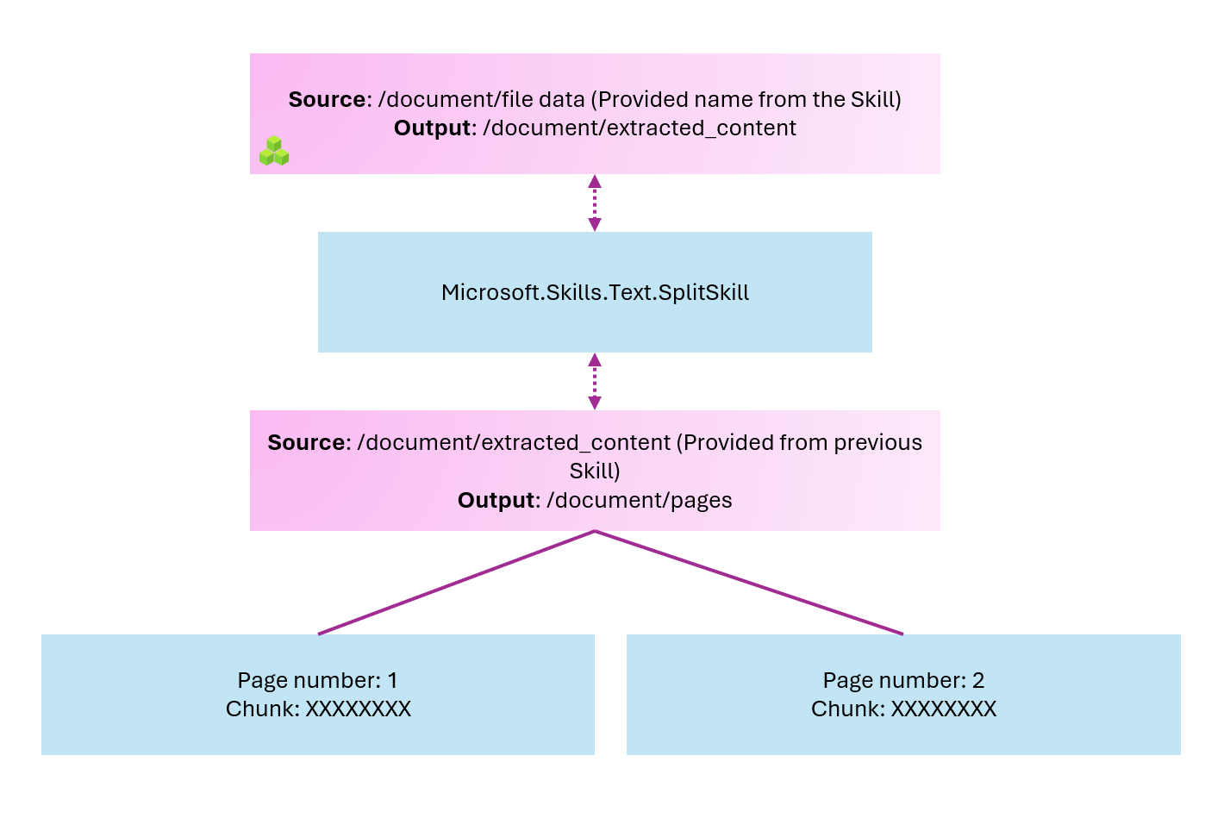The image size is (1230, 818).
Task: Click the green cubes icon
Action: point(274,152)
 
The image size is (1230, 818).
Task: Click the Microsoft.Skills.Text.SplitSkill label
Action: point(595,293)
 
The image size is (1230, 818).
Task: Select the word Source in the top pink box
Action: point(327,100)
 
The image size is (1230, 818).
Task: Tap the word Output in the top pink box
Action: point(433,128)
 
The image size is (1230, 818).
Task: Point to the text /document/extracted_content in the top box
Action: point(639,128)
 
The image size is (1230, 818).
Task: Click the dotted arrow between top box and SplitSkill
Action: point(594,203)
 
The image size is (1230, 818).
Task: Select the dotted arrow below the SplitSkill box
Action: point(594,381)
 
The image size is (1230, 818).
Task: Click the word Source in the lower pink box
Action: point(306,443)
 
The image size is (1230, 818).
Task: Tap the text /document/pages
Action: point(639,501)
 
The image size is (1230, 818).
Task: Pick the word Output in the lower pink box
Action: point(496,501)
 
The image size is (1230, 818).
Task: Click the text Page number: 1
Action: point(318,681)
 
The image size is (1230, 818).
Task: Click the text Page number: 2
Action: point(903,681)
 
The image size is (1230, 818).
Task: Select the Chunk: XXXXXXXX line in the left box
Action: point(318,709)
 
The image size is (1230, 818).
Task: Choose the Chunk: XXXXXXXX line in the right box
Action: point(903,709)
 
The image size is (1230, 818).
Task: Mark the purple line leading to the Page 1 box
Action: point(457,583)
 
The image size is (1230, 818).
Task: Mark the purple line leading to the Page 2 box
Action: point(748,583)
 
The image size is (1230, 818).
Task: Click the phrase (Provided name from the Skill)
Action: point(746,100)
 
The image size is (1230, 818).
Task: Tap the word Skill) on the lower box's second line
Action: point(595,471)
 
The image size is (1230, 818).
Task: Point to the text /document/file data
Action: point(481,100)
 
